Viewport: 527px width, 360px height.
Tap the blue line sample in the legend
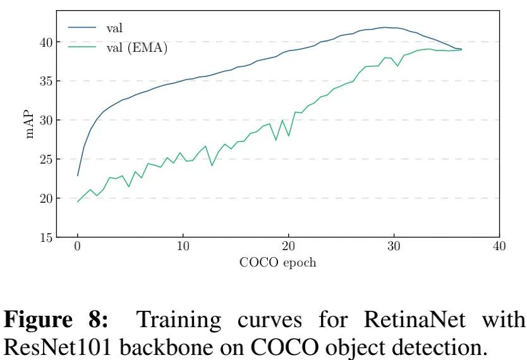(x=83, y=28)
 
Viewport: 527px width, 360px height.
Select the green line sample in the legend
(x=83, y=47)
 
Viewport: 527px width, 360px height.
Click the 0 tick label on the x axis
(x=78, y=247)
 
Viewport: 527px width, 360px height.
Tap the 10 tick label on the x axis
(x=183, y=247)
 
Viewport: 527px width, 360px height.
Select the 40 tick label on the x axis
(x=499, y=247)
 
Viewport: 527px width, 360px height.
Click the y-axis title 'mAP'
(x=29, y=124)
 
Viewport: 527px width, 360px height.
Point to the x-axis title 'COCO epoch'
(x=277, y=263)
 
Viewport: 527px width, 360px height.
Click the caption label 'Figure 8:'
(x=56, y=320)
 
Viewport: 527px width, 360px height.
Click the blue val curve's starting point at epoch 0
(x=78, y=176)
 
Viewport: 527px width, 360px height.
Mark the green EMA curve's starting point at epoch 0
(x=78, y=202)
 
